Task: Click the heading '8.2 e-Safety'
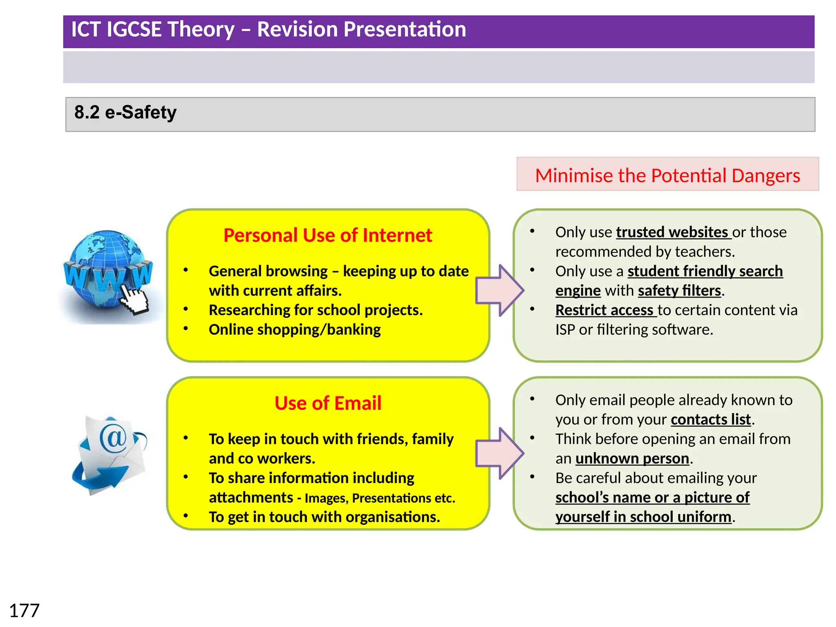(x=125, y=112)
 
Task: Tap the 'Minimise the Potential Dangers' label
(x=667, y=175)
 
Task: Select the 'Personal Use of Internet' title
(x=327, y=236)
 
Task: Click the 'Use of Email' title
(x=328, y=403)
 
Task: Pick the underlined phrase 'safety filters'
(x=679, y=291)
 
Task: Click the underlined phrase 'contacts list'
(x=711, y=420)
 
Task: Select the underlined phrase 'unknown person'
(x=632, y=459)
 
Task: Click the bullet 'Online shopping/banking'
(x=294, y=330)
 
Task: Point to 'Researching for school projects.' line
(x=316, y=310)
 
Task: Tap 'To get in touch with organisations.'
(x=324, y=517)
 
